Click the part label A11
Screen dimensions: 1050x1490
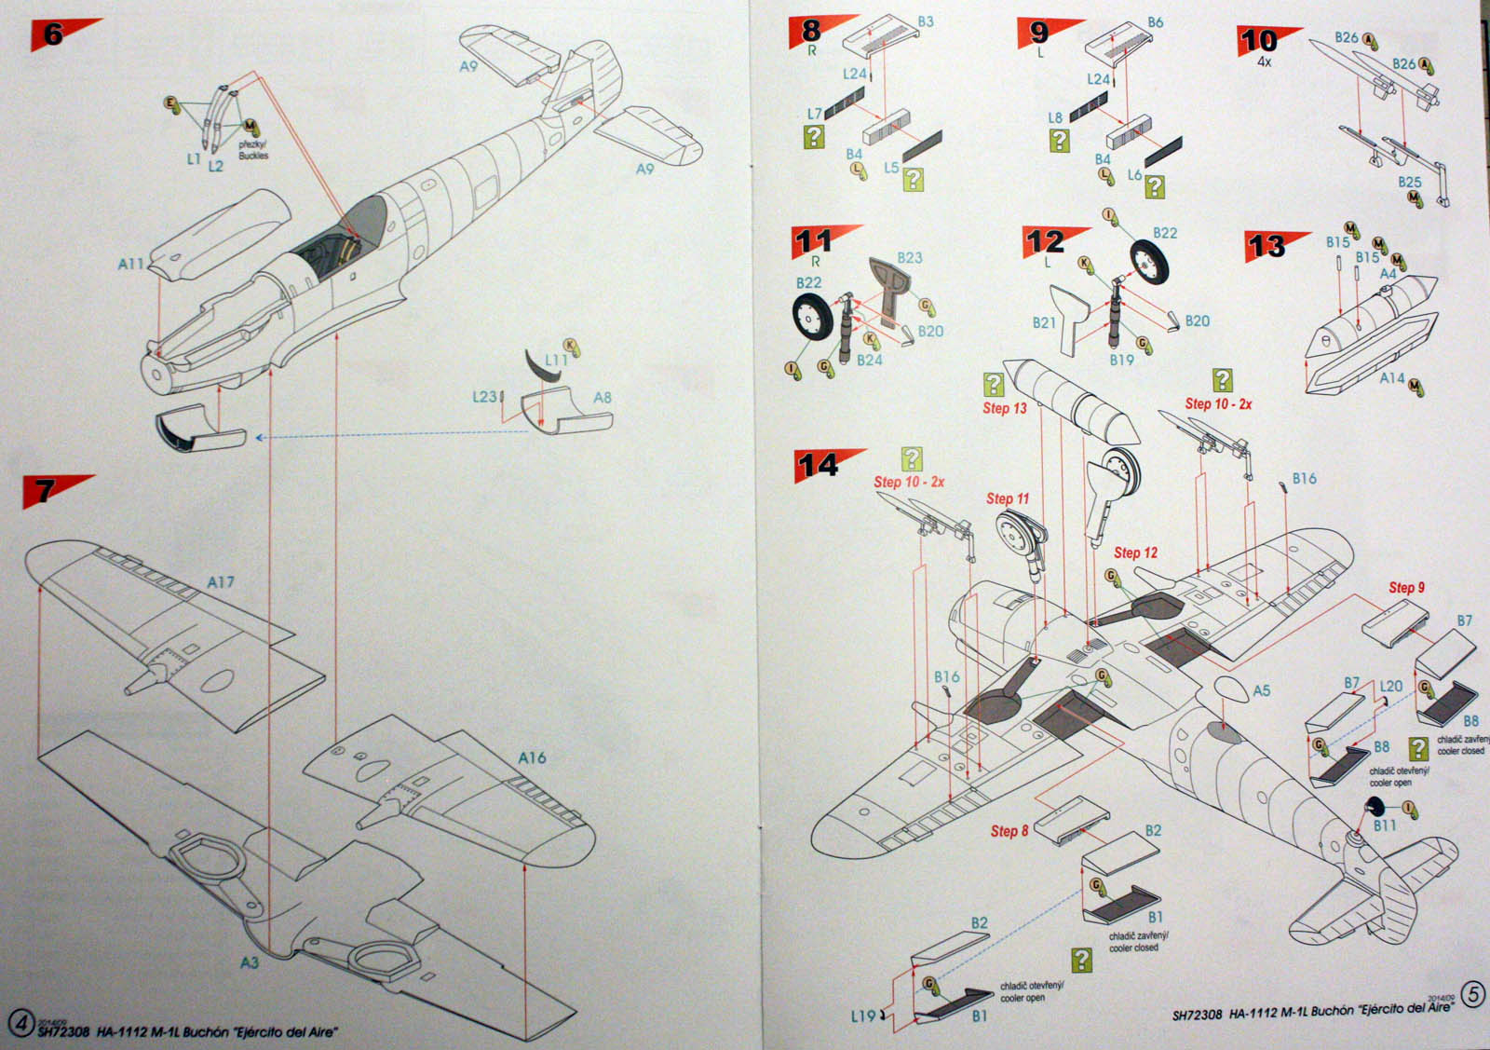click(130, 264)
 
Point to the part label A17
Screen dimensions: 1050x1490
click(220, 582)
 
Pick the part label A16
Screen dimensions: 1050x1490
click(532, 757)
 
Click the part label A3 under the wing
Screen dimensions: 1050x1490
click(249, 962)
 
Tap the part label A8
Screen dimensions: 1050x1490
click(603, 398)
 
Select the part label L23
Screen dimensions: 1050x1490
click(484, 397)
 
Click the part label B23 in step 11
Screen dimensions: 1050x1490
click(910, 257)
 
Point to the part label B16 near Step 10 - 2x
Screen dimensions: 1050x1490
click(1304, 478)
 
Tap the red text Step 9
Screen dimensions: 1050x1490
click(1406, 587)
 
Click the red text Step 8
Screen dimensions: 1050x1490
click(1009, 830)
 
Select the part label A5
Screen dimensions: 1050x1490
click(1261, 690)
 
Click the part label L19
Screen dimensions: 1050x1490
click(862, 1016)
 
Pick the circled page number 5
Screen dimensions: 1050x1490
click(1472, 994)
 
